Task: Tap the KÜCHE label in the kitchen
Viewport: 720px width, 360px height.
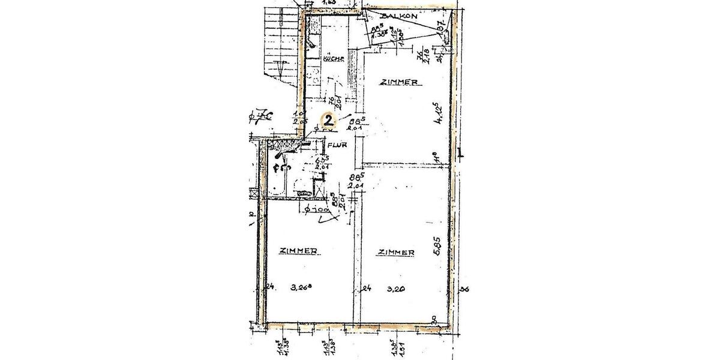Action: [332, 59]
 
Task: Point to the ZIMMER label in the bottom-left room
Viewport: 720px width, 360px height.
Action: [298, 251]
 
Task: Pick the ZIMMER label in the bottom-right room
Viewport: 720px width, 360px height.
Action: [396, 253]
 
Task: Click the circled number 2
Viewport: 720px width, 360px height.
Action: [329, 119]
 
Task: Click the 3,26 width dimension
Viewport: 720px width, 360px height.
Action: [302, 289]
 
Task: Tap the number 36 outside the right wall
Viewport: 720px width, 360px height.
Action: [463, 290]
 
